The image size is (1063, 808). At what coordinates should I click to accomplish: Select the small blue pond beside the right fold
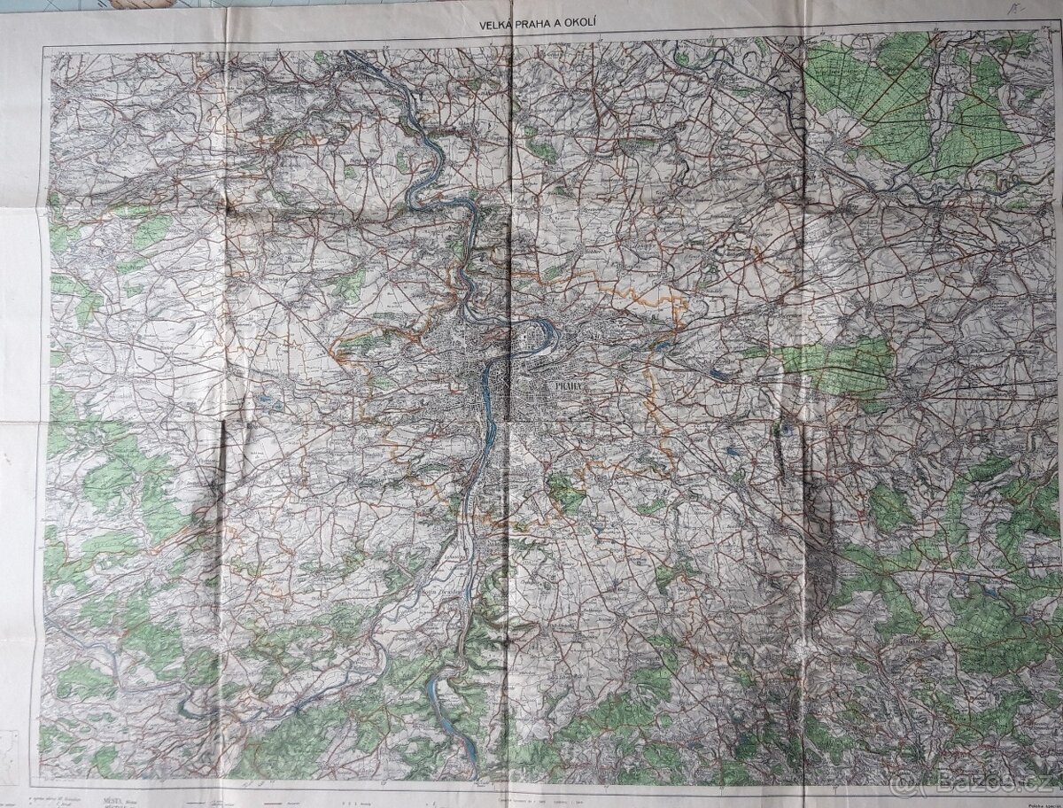coord(783,432)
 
